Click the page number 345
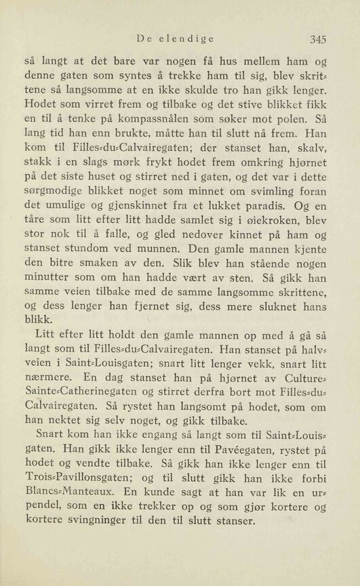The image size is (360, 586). click(317, 38)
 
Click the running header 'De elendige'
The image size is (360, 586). click(175, 39)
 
